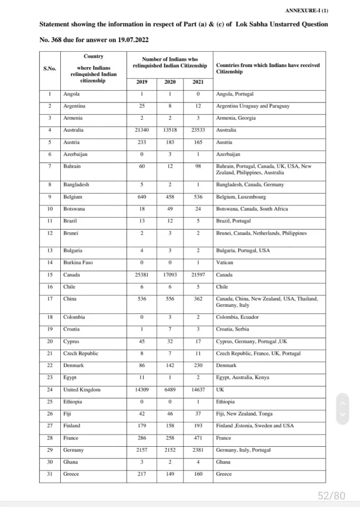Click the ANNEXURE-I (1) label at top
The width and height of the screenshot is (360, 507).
[x=307, y=11]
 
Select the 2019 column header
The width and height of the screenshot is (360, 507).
[x=141, y=82]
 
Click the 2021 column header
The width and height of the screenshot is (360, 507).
[x=197, y=82]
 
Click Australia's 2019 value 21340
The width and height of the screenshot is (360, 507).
[x=141, y=130]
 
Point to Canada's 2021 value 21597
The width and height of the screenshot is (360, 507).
[x=197, y=275]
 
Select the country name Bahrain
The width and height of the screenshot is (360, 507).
[x=72, y=166]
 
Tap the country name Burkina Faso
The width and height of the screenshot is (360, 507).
[x=78, y=262]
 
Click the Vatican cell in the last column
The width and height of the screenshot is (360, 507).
[x=224, y=262]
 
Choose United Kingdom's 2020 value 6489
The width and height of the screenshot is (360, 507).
[x=170, y=390]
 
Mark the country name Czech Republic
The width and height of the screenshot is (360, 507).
[x=80, y=353]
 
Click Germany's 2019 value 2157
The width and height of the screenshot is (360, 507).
[x=141, y=450]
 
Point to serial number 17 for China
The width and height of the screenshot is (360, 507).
[x=49, y=299]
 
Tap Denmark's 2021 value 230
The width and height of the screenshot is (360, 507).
[x=197, y=365]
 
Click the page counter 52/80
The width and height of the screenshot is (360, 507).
[x=331, y=495]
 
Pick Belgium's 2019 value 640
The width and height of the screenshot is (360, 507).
[x=141, y=197]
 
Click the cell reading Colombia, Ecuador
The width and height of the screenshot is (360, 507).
[x=236, y=317]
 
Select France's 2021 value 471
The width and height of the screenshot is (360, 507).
[x=197, y=438]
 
